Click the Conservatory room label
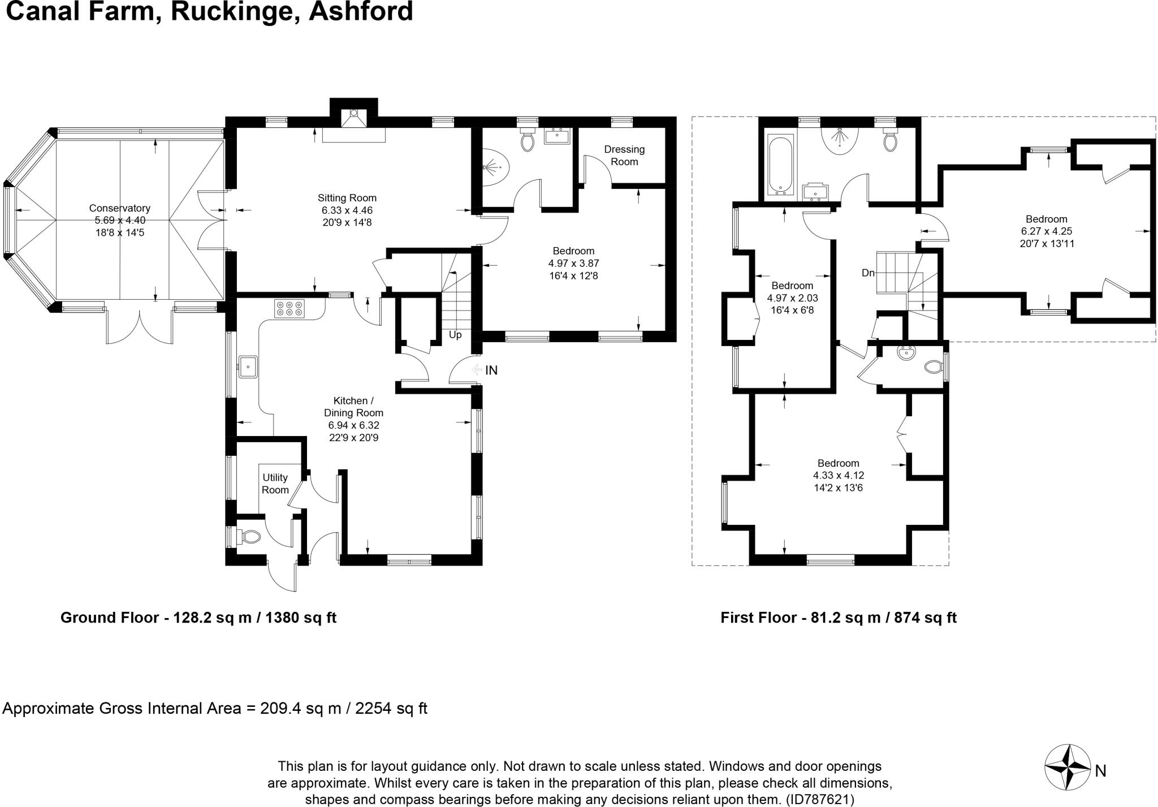119,208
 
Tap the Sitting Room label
347,198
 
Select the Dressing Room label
624,156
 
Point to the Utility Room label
275,484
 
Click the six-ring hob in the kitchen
289,308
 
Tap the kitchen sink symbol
248,366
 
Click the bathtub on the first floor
780,164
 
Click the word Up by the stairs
455,335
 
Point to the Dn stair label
868,273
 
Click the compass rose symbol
1067,767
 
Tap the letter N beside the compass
1100,771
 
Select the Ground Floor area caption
198,618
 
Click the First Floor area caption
838,618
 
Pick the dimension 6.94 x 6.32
353,425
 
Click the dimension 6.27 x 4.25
1046,231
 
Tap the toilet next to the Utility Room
249,536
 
